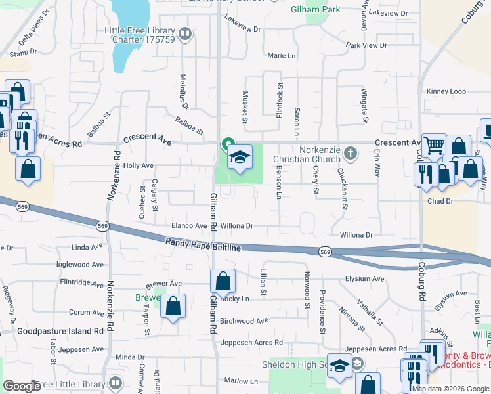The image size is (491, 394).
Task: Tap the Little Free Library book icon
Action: [185, 33]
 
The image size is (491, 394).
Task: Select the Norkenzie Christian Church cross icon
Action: [351, 154]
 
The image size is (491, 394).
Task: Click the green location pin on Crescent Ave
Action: [228, 143]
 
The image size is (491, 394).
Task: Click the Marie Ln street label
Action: [282, 56]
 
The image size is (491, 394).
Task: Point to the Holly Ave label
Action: [139, 166]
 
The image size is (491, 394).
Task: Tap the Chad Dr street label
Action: [440, 202]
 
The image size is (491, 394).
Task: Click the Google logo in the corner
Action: [22, 386]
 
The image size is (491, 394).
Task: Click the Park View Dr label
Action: [366, 45]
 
